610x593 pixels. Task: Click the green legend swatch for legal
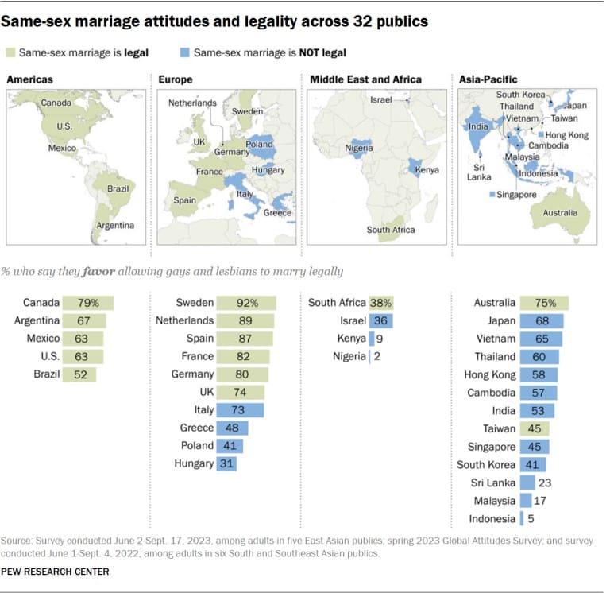[10, 52]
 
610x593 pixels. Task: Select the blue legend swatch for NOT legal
[184, 52]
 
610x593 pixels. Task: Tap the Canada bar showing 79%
[90, 303]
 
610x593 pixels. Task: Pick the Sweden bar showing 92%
[245, 303]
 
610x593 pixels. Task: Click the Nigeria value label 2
[376, 357]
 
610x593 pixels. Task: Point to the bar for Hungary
[226, 463]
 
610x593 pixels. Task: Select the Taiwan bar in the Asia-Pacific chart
[534, 428]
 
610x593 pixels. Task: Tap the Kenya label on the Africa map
[427, 170]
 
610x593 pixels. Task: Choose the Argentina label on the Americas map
[115, 225]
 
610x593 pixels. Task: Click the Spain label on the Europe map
[184, 200]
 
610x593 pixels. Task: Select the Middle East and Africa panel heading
[365, 79]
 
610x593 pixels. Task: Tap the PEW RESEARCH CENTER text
[55, 572]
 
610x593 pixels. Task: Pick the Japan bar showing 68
[541, 321]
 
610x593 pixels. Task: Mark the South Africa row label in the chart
[337, 303]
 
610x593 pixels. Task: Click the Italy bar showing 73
[239, 410]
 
